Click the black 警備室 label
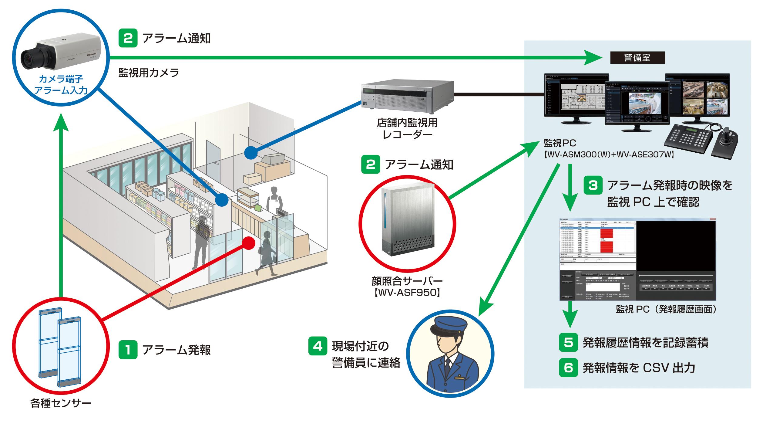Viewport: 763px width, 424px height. pyautogui.click(x=637, y=58)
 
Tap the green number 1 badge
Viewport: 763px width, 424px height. pyautogui.click(x=128, y=350)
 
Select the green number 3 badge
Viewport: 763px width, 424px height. pyautogui.click(x=593, y=185)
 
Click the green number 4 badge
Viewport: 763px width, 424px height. pyautogui.click(x=318, y=346)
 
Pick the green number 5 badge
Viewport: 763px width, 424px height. pyautogui.click(x=568, y=343)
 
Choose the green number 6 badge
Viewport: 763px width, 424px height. pyautogui.click(x=568, y=368)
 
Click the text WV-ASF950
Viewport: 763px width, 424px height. pyautogui.click(x=407, y=293)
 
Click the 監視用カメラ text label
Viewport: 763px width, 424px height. pyautogui.click(x=149, y=73)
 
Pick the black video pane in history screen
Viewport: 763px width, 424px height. pyautogui.click(x=676, y=246)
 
